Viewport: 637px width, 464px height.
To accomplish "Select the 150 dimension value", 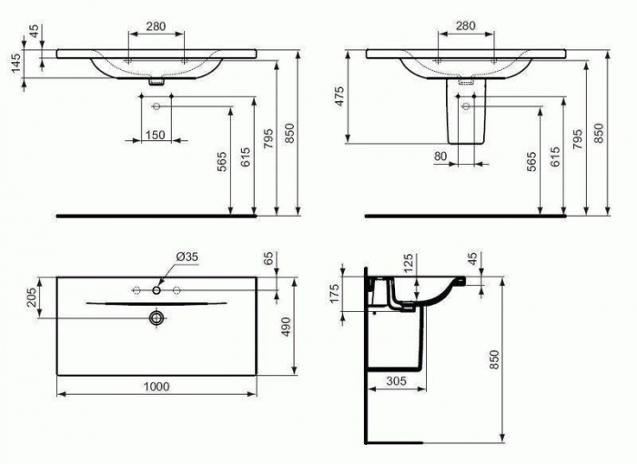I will [155, 136].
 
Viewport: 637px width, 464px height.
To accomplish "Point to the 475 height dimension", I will [339, 96].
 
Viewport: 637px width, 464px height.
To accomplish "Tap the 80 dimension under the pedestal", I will [440, 157].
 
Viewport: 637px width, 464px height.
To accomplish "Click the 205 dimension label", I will [31, 298].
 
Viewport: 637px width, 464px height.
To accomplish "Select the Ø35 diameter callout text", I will [186, 257].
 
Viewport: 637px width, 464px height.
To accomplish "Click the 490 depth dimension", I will [284, 325].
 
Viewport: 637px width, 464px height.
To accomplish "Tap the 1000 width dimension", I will [157, 386].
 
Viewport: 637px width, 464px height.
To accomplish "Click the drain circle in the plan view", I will [157, 317].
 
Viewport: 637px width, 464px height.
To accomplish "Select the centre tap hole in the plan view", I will [157, 290].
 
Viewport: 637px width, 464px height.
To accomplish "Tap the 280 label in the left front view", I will [155, 26].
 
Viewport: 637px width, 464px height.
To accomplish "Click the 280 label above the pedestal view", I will [465, 25].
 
